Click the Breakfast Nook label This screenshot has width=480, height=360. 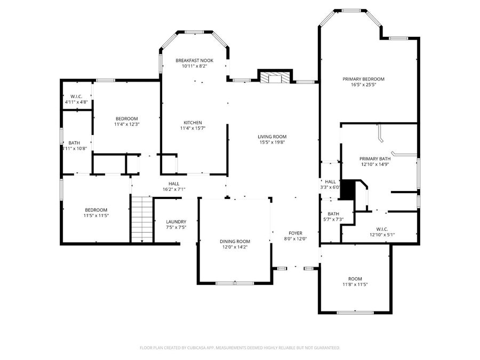coord(195,61)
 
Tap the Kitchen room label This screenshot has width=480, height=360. coord(193,123)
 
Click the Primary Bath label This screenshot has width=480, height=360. coord(375,159)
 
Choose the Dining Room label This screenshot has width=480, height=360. coord(235,241)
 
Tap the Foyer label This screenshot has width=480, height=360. coord(295,233)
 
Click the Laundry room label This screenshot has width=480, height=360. coord(176,222)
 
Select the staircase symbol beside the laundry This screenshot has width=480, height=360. coord(142,219)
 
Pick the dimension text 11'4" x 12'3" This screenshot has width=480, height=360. coord(126,124)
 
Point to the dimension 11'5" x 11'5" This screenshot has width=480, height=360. coord(96,215)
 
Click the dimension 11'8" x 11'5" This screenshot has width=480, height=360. coord(355,284)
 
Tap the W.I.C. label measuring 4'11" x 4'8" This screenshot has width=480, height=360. coord(76,97)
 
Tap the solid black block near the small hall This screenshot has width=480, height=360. coord(348,190)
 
